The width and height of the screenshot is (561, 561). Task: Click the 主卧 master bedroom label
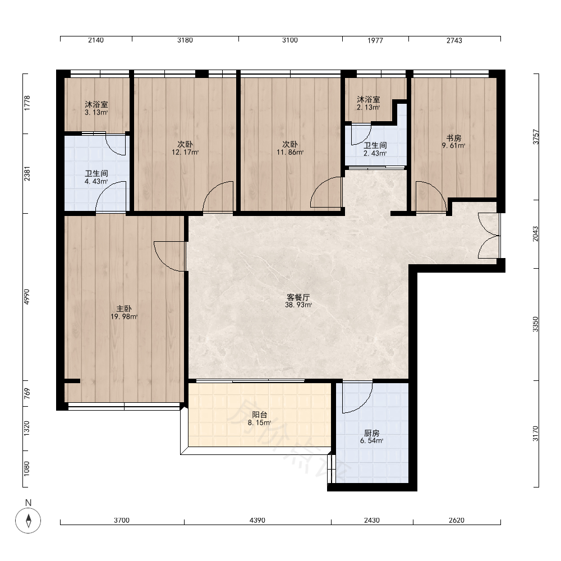[x=124, y=309]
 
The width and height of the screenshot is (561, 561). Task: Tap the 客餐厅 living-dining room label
[x=298, y=297]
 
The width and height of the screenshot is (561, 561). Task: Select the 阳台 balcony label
[x=259, y=415]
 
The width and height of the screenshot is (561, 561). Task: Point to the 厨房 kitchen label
[x=372, y=433]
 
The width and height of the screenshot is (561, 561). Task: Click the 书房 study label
[x=454, y=138]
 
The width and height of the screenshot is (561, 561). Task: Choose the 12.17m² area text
[x=185, y=153]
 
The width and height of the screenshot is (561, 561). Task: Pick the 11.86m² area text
[x=290, y=153]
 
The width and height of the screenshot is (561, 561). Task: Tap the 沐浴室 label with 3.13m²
[x=96, y=104]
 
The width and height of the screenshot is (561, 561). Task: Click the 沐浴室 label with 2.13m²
[x=369, y=99]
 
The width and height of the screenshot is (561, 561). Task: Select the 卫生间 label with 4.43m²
[x=96, y=173]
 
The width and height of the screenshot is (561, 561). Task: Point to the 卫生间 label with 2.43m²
[x=375, y=146]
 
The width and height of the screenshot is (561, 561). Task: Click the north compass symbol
[x=28, y=520]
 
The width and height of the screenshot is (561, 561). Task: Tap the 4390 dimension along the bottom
[x=257, y=520]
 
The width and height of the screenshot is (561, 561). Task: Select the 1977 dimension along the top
[x=375, y=40]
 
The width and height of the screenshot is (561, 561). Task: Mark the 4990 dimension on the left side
[x=27, y=297]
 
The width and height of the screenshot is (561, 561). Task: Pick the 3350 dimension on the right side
[x=535, y=324]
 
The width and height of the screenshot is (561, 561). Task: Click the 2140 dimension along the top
[x=96, y=40]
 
